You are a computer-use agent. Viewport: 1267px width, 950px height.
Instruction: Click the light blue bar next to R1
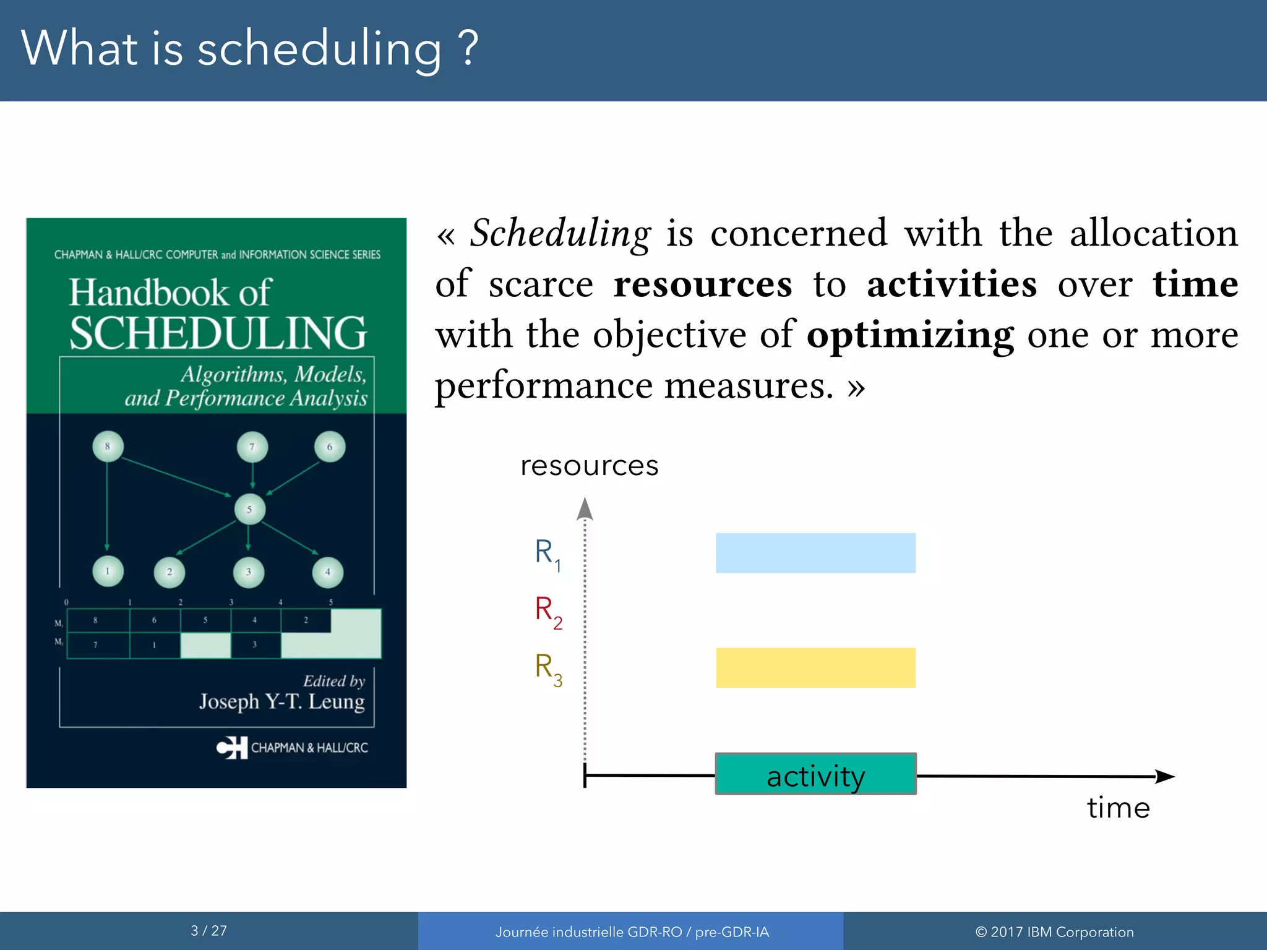pos(815,553)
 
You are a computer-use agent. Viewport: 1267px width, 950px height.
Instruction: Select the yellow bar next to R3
pos(815,667)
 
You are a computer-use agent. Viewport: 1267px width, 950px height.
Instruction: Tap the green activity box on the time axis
pos(815,774)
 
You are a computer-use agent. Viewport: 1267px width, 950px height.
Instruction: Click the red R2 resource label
pos(548,611)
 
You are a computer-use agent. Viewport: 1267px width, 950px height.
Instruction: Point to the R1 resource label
pos(548,554)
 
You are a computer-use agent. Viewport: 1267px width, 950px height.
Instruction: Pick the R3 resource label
pos(548,669)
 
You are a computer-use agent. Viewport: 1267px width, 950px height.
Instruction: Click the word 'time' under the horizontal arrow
pos(1118,808)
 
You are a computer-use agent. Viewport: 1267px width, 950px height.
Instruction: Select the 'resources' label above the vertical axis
pos(589,466)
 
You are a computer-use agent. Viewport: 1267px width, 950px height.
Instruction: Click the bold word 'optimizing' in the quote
pos(909,335)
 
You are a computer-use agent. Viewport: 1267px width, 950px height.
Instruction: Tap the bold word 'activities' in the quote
pos(951,285)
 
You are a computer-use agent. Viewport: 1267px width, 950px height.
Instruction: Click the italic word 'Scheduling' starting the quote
pos(560,234)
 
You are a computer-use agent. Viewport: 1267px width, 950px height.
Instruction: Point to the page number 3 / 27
pos(208,931)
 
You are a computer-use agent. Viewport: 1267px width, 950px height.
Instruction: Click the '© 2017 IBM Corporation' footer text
pos(1054,932)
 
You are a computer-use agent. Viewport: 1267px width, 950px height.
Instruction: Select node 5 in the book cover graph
pos(250,510)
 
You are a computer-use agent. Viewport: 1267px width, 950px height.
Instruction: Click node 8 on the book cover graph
pos(108,446)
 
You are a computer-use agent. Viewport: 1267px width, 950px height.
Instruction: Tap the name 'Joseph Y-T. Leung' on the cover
pos(281,701)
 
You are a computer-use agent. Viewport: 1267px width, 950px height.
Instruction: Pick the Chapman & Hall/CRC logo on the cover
pos(232,747)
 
